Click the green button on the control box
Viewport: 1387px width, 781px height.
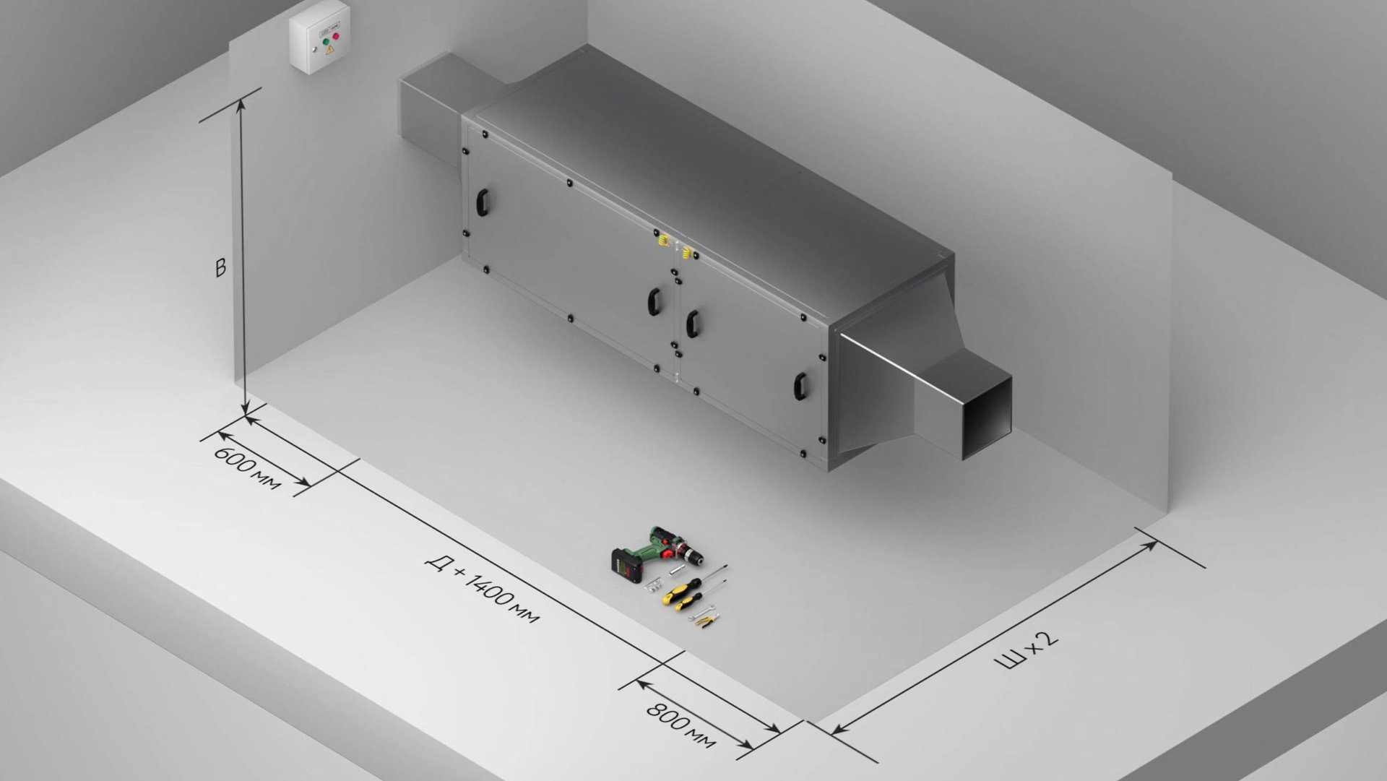click(327, 42)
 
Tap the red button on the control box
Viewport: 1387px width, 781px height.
click(335, 36)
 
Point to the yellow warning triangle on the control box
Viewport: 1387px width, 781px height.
click(330, 50)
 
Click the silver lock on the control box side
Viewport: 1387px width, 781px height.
click(314, 49)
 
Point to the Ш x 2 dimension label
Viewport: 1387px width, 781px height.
click(1027, 650)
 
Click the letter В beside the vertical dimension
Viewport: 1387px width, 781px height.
click(220, 267)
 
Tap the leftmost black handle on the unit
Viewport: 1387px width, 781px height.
click(482, 202)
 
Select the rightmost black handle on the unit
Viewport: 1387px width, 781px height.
click(800, 387)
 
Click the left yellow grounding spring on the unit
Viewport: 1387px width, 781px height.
click(662, 239)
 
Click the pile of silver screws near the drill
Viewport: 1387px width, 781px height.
click(654, 582)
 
